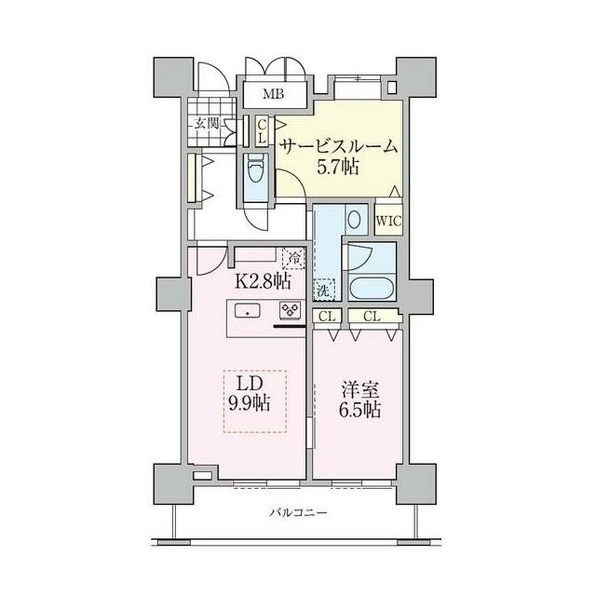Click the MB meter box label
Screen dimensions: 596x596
point(274,94)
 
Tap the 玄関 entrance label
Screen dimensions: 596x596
point(207,123)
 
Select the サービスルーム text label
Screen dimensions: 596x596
point(339,147)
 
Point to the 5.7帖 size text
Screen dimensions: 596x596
point(338,167)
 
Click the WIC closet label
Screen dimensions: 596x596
point(388,221)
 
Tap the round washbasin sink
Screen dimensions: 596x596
point(354,220)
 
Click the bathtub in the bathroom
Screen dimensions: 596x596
point(372,289)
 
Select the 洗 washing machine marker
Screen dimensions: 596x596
point(323,291)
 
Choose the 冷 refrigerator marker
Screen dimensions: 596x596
point(294,258)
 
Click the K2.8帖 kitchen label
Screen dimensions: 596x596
point(263,282)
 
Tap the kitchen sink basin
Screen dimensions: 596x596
point(248,312)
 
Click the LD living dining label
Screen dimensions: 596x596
point(251,385)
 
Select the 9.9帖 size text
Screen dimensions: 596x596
point(250,403)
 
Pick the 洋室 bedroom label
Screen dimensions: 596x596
point(359,391)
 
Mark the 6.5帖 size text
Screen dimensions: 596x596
point(359,410)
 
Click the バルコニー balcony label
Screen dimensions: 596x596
point(298,513)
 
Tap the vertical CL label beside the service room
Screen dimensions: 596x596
point(262,130)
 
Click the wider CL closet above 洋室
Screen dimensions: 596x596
point(372,317)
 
